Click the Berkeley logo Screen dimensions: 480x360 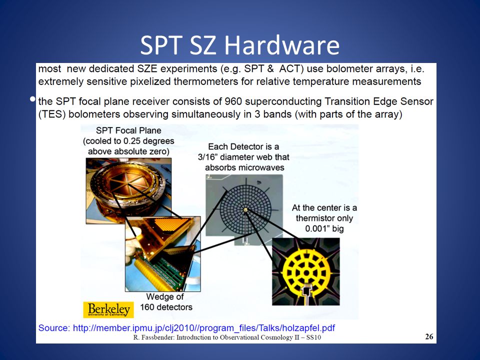[108, 309]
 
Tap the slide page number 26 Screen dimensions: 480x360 [429, 336]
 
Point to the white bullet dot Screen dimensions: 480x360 [32, 99]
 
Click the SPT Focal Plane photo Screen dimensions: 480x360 [128, 190]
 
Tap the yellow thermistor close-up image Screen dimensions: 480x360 [306, 271]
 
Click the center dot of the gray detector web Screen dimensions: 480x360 [245, 209]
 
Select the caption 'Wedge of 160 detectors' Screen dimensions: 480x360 [166, 302]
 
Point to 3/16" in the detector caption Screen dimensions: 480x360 [207, 157]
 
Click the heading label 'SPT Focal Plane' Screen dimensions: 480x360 [128, 130]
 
